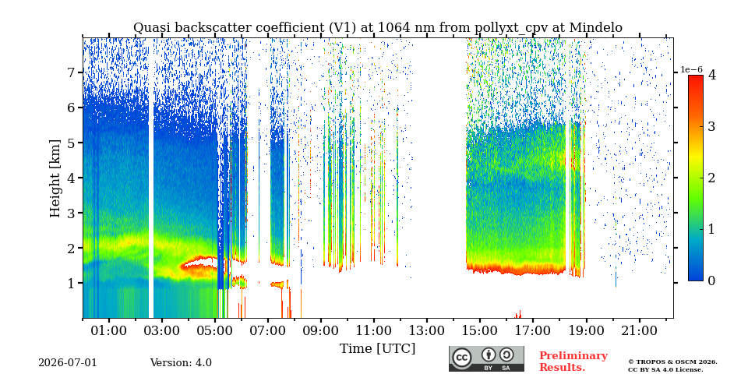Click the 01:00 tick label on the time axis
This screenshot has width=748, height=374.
109,330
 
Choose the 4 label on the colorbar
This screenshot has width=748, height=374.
711,75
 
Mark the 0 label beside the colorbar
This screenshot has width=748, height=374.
711,281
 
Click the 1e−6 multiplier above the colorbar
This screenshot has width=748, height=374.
691,69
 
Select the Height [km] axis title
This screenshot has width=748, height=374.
55,178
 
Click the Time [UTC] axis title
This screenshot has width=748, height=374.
377,349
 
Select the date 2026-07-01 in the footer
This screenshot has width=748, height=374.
68,363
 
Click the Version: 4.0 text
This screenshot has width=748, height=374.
181,363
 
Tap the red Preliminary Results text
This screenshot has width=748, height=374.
573,362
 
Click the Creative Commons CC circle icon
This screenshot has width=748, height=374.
461,358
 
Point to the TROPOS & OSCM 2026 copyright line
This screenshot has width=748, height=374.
672,362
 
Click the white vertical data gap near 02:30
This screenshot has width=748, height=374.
151,178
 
